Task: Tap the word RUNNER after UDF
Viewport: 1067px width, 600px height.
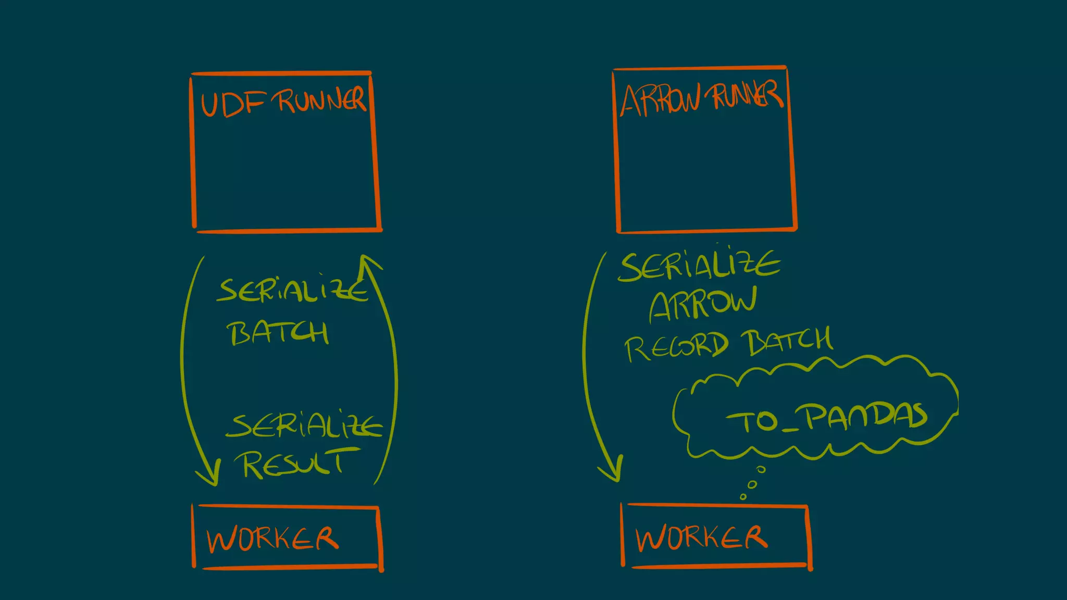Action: click(321, 100)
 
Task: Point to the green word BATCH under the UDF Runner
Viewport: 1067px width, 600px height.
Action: click(278, 333)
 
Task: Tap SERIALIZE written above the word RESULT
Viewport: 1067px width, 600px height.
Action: click(305, 426)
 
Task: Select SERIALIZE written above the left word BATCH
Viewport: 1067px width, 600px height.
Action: click(292, 290)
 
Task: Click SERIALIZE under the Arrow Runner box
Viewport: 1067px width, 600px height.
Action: click(699, 266)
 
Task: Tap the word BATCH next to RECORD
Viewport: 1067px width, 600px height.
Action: click(789, 341)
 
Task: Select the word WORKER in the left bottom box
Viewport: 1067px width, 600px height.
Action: click(272, 539)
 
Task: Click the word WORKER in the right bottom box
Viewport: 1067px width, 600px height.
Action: click(701, 537)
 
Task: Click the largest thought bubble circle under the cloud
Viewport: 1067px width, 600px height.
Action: click(761, 469)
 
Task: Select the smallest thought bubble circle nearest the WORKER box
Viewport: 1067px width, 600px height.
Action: click(743, 497)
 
